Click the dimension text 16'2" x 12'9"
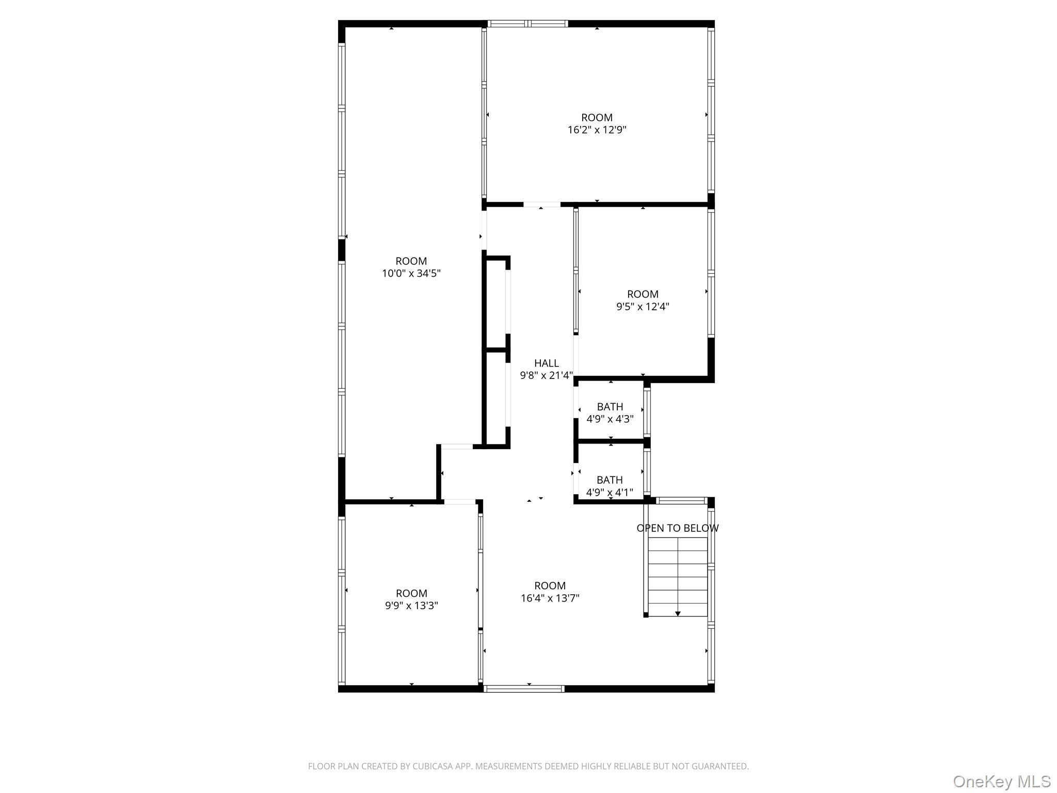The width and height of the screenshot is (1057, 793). (597, 130)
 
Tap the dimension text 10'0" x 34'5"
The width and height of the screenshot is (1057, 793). (411, 274)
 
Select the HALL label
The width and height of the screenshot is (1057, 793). (546, 363)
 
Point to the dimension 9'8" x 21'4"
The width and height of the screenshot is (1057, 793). (546, 376)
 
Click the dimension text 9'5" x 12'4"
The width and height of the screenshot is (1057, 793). (643, 307)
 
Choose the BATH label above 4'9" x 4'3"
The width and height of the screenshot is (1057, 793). (610, 407)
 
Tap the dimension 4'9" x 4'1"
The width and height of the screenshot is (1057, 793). (610, 493)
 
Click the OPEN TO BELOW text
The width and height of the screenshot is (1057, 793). (677, 528)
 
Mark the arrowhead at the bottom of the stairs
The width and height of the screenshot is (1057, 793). (678, 613)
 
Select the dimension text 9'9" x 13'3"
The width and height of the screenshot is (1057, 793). (411, 606)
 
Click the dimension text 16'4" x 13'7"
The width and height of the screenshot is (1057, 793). (550, 598)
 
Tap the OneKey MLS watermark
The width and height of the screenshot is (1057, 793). (1001, 781)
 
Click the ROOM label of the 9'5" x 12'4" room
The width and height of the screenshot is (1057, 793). (643, 294)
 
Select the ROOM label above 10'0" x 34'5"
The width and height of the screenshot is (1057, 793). (411, 261)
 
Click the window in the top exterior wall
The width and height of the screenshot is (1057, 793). (527, 23)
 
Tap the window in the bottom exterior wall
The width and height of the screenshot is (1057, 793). (524, 688)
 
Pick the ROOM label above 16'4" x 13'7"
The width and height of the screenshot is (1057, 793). (550, 586)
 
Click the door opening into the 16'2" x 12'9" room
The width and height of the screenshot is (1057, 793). (542, 204)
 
